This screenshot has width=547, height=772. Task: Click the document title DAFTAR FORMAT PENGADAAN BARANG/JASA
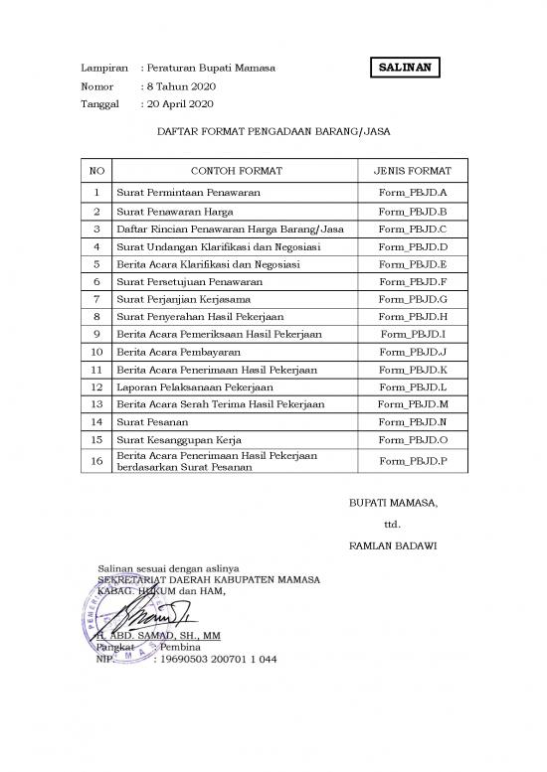(273, 129)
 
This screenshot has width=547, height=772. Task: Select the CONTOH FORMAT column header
(236, 171)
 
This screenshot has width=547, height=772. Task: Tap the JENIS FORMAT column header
(413, 171)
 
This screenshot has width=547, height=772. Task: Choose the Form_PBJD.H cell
(413, 317)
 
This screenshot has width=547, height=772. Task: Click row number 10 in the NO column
(96, 352)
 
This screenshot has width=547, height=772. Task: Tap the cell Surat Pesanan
(151, 421)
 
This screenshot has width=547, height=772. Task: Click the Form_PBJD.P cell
(413, 461)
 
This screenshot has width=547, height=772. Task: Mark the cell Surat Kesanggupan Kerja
(178, 439)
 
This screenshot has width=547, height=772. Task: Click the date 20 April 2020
(179, 103)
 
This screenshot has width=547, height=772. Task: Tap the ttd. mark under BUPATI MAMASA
(392, 524)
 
